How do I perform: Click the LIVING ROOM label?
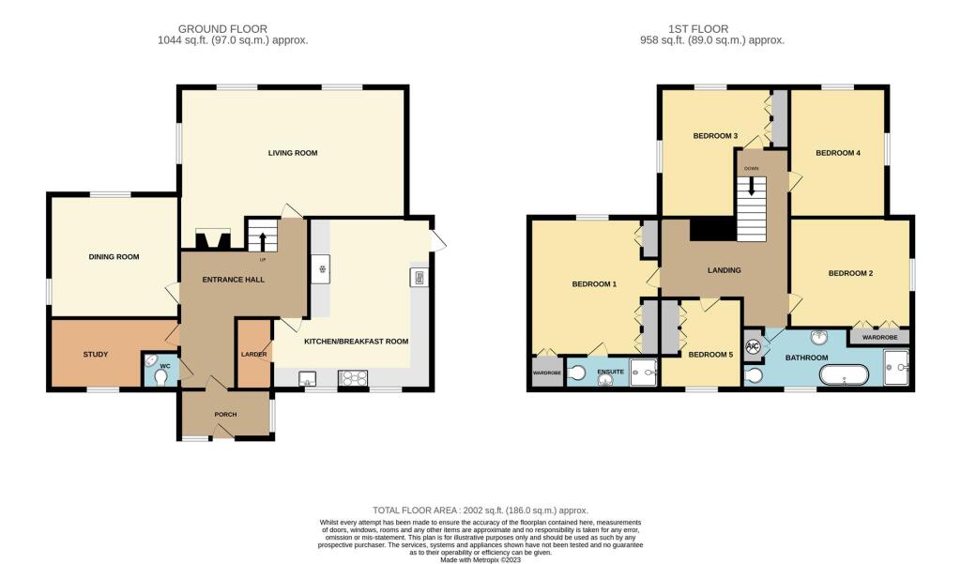pyautogui.click(x=293, y=152)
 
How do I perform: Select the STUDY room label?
pyautogui.click(x=96, y=355)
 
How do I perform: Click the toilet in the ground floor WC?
pyautogui.click(x=162, y=376)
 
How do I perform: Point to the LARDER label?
pyautogui.click(x=253, y=355)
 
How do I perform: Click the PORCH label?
pyautogui.click(x=225, y=415)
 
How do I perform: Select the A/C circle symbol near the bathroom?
pyautogui.click(x=753, y=347)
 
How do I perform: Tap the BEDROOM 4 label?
pyautogui.click(x=837, y=153)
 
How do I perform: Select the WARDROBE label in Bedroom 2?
pyautogui.click(x=879, y=336)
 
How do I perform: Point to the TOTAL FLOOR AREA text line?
pyautogui.click(x=480, y=507)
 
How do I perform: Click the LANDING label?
pyautogui.click(x=724, y=270)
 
